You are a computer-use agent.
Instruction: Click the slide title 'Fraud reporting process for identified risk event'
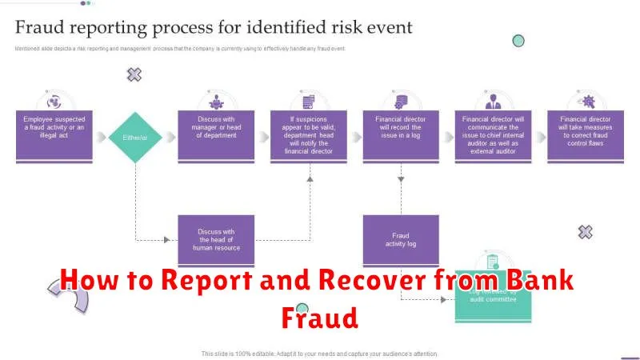tap(214, 28)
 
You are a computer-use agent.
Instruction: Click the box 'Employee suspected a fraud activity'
tap(54, 135)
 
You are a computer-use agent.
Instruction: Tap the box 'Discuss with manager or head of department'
tap(216, 135)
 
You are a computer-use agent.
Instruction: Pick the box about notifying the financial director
tap(308, 135)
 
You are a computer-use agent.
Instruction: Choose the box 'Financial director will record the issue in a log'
tap(401, 135)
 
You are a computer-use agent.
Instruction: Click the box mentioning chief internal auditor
tap(493, 135)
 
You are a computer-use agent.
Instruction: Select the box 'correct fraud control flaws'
tap(586, 135)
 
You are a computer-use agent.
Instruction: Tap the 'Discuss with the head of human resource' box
tap(216, 240)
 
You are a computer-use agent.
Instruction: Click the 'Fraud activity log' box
tap(401, 240)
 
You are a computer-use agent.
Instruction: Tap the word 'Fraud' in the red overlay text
tap(319, 318)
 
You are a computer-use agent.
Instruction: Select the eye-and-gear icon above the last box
tap(586, 102)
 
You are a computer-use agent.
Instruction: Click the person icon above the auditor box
tap(493, 102)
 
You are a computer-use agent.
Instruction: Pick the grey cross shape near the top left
tap(134, 74)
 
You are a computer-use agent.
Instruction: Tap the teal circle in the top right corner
tap(518, 40)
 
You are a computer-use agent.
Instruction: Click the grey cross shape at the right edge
tap(586, 232)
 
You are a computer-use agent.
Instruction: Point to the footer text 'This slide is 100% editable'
tap(320, 353)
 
